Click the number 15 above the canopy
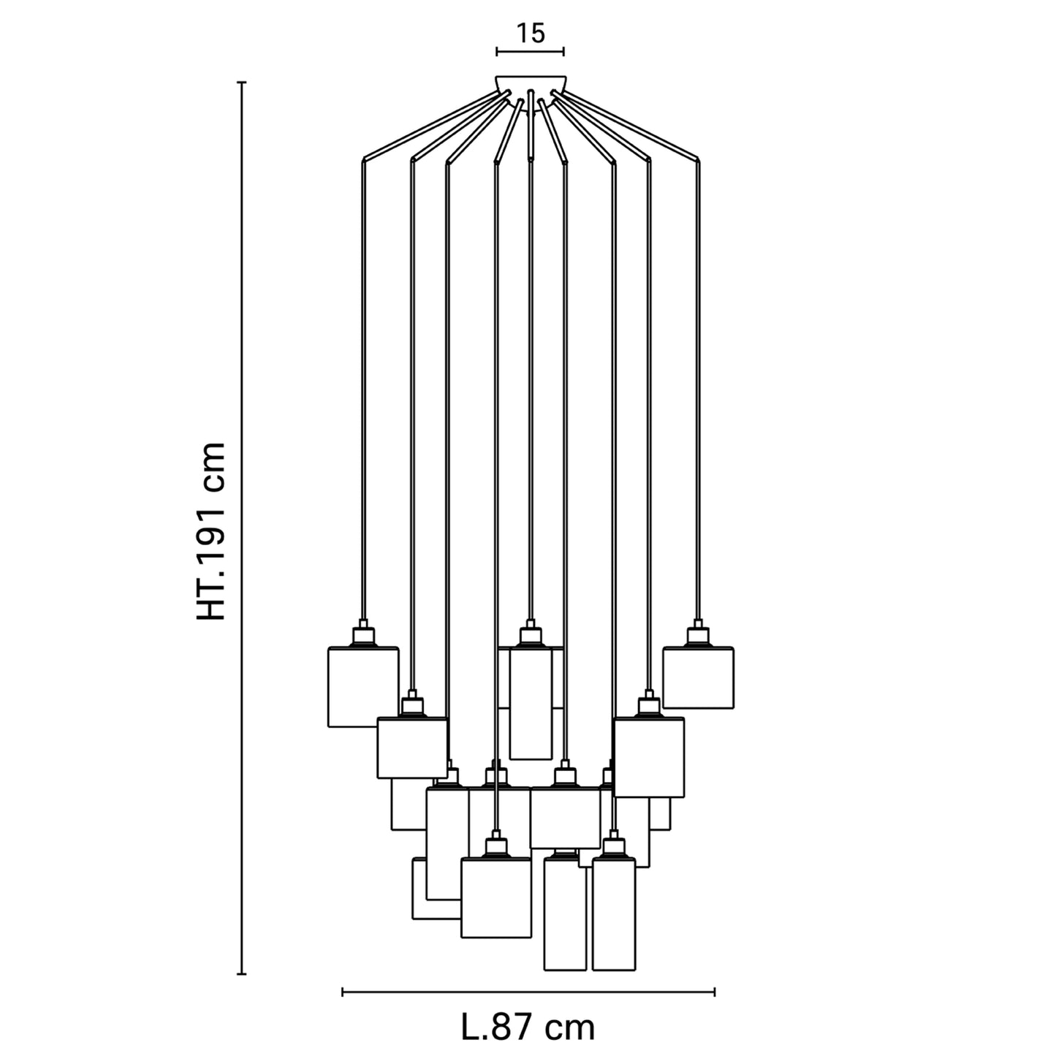(531, 33)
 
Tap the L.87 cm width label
(528, 1027)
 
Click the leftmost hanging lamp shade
(362, 687)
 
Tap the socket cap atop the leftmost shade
(362, 634)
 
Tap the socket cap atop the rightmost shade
(698, 634)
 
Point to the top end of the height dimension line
(242, 83)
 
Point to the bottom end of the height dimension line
(242, 973)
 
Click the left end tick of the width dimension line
(343, 992)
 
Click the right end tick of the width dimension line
(715, 992)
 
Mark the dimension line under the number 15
(531, 51)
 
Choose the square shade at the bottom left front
(495, 897)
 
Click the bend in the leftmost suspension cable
(363, 158)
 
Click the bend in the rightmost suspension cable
(698, 158)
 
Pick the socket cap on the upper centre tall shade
(531, 634)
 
